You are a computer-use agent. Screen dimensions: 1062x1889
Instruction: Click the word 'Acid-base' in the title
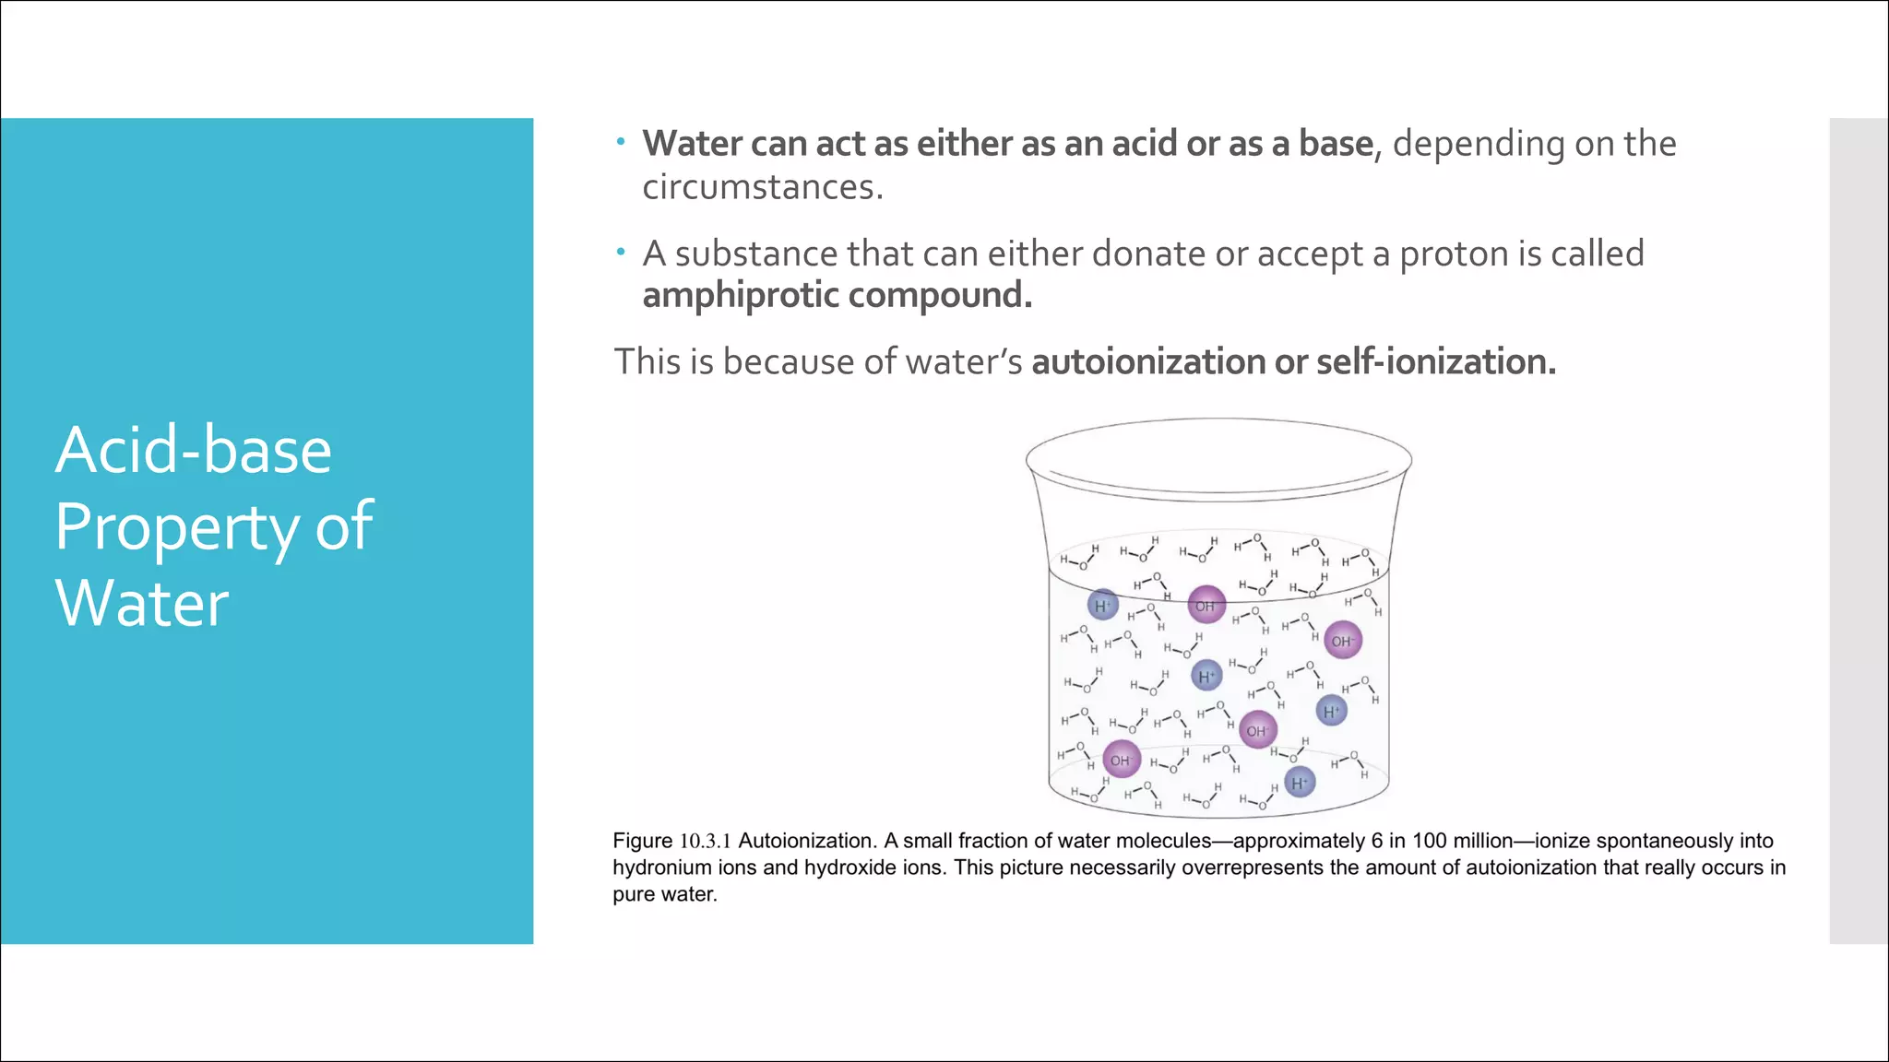(x=193, y=451)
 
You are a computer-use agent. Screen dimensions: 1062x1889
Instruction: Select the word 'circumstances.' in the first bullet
(x=763, y=187)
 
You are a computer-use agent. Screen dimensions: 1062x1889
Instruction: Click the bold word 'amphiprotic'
(x=740, y=295)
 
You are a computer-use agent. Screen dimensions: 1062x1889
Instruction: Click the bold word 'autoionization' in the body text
(x=1148, y=361)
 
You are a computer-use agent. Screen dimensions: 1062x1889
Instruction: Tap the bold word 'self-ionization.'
(x=1436, y=361)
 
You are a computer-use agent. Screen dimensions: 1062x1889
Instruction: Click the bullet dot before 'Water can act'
(x=621, y=142)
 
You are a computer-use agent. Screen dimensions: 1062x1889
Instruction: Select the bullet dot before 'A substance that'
(x=621, y=252)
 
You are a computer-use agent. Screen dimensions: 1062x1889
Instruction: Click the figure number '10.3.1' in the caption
(x=706, y=841)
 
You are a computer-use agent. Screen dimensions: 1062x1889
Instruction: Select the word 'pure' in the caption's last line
(x=633, y=894)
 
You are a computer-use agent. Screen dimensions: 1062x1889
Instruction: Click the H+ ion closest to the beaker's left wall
(x=1103, y=605)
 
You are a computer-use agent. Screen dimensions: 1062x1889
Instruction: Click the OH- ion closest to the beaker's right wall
(x=1342, y=640)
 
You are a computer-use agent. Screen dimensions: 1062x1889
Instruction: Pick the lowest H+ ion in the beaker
(x=1300, y=783)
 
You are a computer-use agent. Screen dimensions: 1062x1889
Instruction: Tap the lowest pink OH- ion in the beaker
(x=1122, y=760)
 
